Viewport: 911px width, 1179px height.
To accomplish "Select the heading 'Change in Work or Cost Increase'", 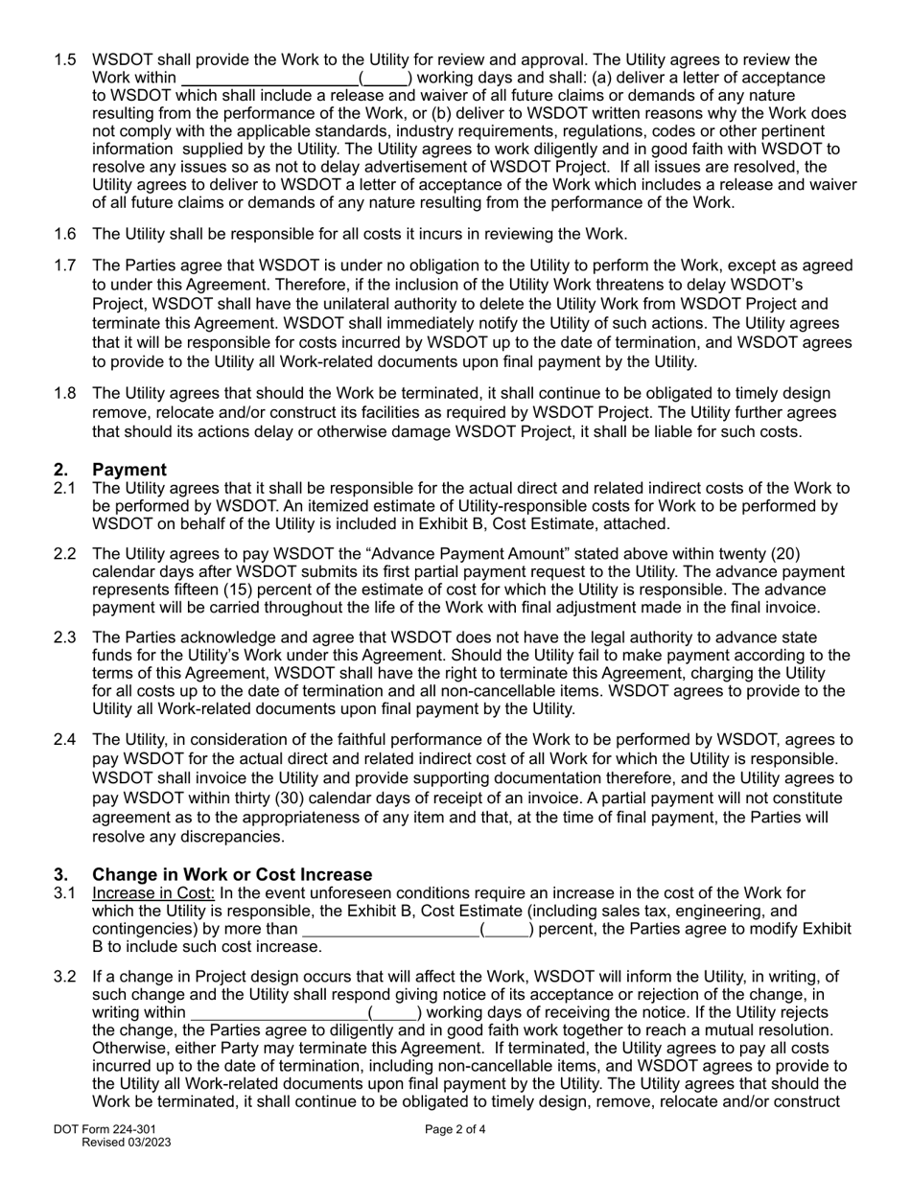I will click(x=232, y=875).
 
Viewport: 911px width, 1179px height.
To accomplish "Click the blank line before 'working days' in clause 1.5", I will click(x=269, y=79).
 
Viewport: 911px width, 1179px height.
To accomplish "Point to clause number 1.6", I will click(x=65, y=234).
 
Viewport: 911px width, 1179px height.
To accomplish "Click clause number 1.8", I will click(x=65, y=394).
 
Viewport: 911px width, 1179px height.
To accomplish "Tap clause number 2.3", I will click(x=65, y=637).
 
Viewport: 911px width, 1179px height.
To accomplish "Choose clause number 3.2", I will click(x=65, y=977).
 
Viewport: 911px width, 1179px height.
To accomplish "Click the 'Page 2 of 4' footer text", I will click(x=455, y=1129).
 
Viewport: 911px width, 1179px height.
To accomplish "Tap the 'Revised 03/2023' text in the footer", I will click(x=127, y=1143).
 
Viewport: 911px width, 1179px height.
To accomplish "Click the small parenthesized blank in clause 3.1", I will click(x=506, y=930).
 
